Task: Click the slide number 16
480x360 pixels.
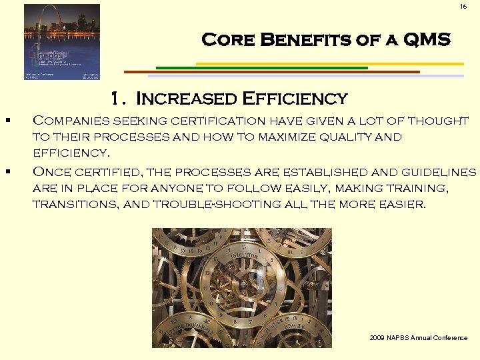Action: coord(463,7)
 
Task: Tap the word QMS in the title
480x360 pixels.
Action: coord(426,40)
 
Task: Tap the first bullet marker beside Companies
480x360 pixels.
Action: coord(5,121)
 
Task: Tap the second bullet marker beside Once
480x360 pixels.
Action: coord(5,172)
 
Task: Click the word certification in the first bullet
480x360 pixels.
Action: coord(209,121)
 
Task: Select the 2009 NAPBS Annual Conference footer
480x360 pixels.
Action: coord(418,338)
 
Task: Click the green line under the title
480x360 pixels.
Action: coord(261,67)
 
